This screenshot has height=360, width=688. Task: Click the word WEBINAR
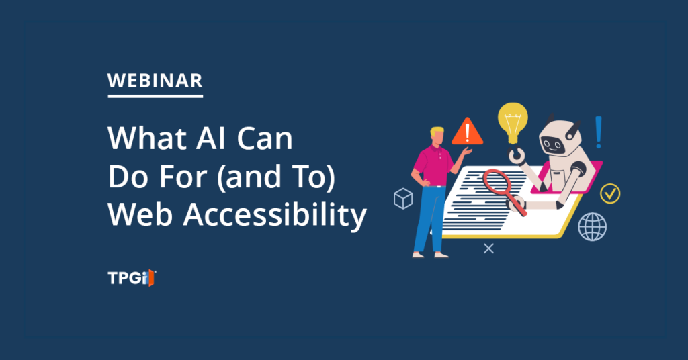pyautogui.click(x=155, y=81)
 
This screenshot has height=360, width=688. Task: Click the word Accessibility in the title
pyautogui.click(x=275, y=215)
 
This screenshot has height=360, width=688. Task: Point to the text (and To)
pyautogui.click(x=276, y=177)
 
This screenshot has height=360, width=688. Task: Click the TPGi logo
pyautogui.click(x=132, y=278)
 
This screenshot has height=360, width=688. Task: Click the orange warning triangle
pyautogui.click(x=468, y=132)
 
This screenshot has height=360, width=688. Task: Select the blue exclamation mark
pyautogui.click(x=599, y=132)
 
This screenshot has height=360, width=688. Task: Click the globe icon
pyautogui.click(x=593, y=227)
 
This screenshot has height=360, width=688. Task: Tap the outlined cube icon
pyautogui.click(x=403, y=199)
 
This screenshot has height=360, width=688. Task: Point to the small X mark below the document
pyautogui.click(x=489, y=249)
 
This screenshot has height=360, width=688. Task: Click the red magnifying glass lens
pyautogui.click(x=497, y=181)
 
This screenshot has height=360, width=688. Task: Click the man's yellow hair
pyautogui.click(x=437, y=131)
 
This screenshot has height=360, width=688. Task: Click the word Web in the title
pyautogui.click(x=140, y=215)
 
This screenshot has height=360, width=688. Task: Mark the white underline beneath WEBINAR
pyautogui.click(x=155, y=95)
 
